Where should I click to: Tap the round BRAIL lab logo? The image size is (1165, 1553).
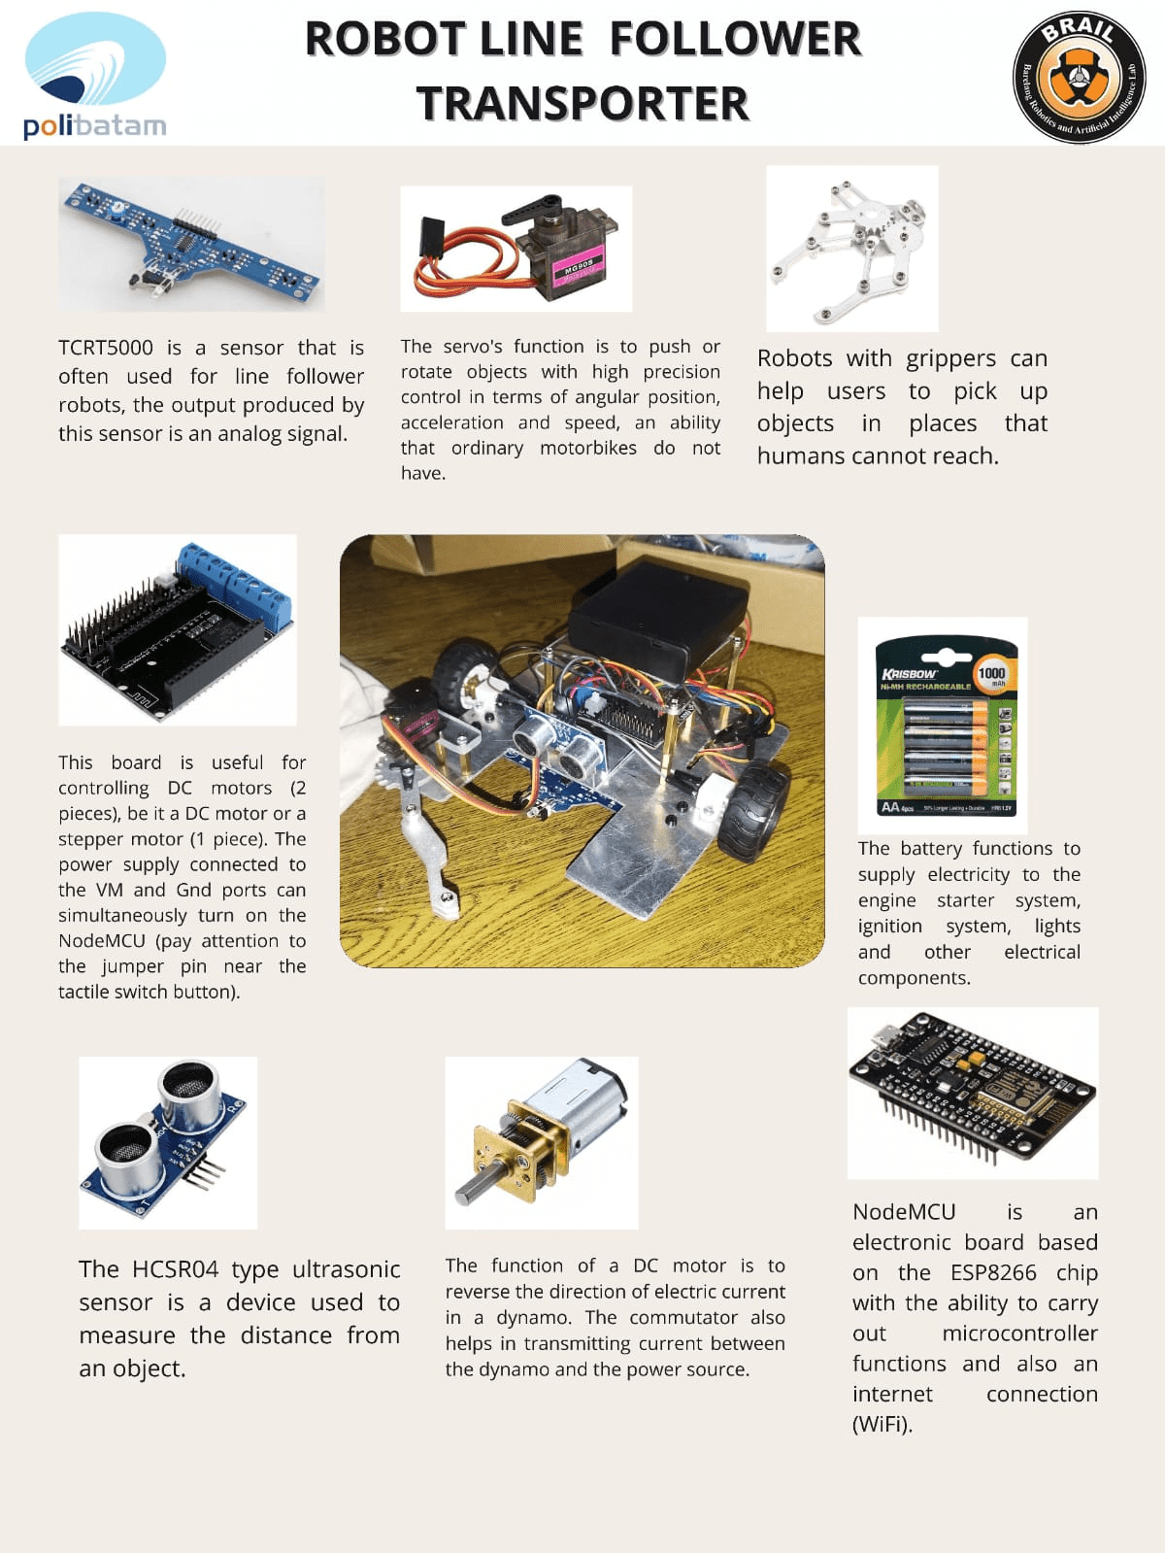(x=1079, y=78)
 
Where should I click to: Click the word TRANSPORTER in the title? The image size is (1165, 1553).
(x=582, y=103)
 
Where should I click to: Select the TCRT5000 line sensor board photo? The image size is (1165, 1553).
(x=191, y=245)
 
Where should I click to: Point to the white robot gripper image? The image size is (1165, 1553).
(x=851, y=248)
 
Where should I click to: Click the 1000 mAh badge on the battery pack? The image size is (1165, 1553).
(x=991, y=674)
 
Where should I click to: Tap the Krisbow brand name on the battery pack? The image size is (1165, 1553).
(x=909, y=673)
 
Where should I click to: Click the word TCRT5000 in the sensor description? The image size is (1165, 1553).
(x=106, y=348)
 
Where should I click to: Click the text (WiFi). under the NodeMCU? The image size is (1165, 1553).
(x=882, y=1424)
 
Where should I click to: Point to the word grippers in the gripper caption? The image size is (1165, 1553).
(x=950, y=358)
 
